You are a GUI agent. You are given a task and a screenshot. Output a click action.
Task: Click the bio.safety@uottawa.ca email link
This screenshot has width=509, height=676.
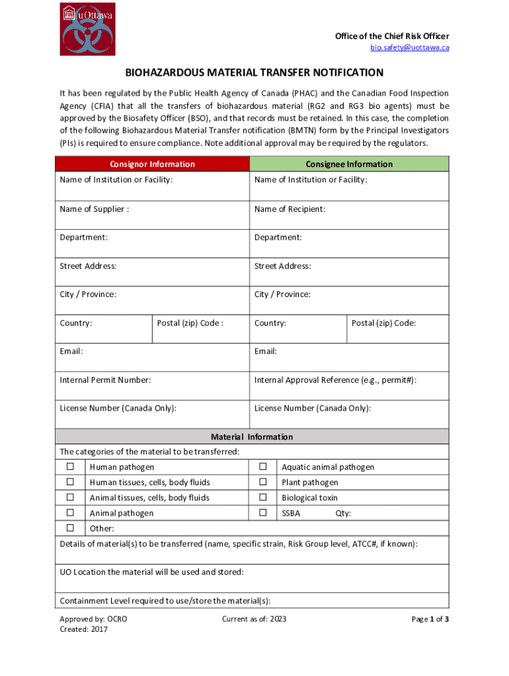pyautogui.click(x=409, y=48)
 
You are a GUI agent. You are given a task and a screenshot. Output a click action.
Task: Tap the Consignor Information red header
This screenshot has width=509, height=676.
pyautogui.click(x=152, y=164)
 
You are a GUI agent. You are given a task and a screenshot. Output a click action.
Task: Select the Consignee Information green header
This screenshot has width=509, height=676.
pyautogui.click(x=349, y=164)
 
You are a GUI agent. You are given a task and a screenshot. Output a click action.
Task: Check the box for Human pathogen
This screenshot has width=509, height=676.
pyautogui.click(x=70, y=467)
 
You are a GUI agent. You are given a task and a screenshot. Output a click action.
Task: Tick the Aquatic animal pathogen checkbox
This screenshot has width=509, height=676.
pyautogui.click(x=262, y=467)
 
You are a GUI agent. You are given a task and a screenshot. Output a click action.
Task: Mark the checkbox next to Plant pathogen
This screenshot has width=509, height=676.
pyautogui.click(x=262, y=482)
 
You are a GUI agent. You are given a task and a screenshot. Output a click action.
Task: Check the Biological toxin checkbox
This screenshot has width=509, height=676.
pyautogui.click(x=262, y=497)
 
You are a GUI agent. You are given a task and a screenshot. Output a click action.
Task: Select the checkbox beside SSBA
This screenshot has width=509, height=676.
pyautogui.click(x=262, y=512)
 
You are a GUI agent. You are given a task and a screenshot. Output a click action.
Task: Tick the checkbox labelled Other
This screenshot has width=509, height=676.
pyautogui.click(x=70, y=528)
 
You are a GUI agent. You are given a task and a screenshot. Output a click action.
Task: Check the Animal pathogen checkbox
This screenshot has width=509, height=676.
pyautogui.click(x=70, y=512)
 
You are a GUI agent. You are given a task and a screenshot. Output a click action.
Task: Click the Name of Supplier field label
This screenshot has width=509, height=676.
pyautogui.click(x=95, y=209)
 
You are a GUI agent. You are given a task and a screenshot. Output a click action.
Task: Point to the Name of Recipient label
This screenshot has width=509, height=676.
pyautogui.click(x=290, y=209)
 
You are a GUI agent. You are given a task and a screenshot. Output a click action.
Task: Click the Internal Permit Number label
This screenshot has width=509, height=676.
pyautogui.click(x=105, y=380)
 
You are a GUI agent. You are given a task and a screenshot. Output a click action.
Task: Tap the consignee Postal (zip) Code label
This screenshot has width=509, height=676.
pyautogui.click(x=383, y=323)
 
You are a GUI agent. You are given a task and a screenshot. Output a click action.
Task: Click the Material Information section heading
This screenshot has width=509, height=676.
pyautogui.click(x=251, y=436)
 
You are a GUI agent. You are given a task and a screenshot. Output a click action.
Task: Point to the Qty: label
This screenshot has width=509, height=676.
pyautogui.click(x=343, y=513)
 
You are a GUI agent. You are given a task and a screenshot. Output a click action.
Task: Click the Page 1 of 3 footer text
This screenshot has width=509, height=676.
pyautogui.click(x=430, y=619)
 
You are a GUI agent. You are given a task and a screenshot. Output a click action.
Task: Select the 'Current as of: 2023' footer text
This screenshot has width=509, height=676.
pyautogui.click(x=254, y=619)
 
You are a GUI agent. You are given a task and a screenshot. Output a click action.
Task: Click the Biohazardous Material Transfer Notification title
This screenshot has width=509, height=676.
pyautogui.click(x=255, y=72)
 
